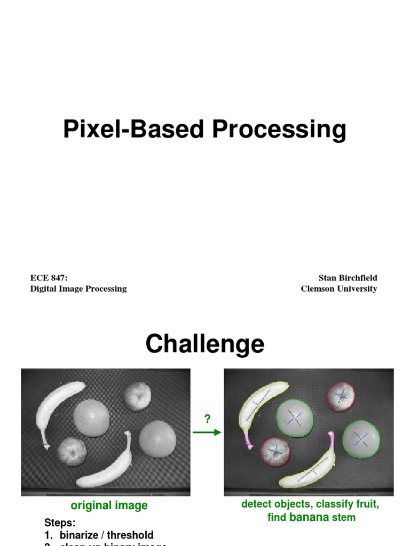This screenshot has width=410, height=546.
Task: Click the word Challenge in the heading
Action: (x=204, y=344)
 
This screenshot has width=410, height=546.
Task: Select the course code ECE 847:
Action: (x=49, y=278)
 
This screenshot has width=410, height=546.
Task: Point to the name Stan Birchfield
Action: (x=348, y=278)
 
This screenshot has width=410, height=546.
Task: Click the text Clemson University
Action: (x=338, y=288)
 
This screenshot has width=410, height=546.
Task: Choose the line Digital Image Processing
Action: (x=78, y=288)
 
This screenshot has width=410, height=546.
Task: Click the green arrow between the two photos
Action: (x=207, y=432)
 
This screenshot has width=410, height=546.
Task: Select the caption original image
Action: (x=109, y=505)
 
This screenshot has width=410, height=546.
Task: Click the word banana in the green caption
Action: (x=309, y=517)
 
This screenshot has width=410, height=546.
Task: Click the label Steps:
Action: (x=60, y=523)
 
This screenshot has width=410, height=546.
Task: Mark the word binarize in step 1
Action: (x=81, y=535)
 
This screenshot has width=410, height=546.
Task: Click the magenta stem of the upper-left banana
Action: (x=248, y=440)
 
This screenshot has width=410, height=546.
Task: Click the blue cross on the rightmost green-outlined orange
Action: (x=361, y=439)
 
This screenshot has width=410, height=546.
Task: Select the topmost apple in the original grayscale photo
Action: (x=138, y=396)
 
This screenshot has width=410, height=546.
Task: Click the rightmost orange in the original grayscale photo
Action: (x=157, y=439)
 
